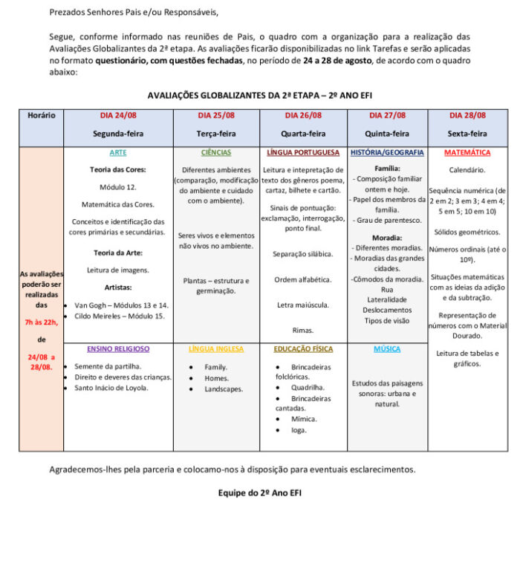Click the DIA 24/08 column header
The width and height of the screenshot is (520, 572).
pyautogui.click(x=118, y=115)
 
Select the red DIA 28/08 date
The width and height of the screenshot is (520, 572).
pyautogui.click(x=467, y=115)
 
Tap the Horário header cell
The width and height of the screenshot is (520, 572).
pyautogui.click(x=42, y=115)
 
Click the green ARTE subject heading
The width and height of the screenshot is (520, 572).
pyautogui.click(x=118, y=152)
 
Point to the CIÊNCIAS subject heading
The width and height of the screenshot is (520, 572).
pyautogui.click(x=216, y=152)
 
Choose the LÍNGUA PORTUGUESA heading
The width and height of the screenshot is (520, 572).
pyautogui.click(x=303, y=152)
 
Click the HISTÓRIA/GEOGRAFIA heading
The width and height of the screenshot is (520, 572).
pyautogui.click(x=387, y=152)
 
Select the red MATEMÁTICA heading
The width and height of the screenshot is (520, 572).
pyautogui.click(x=467, y=152)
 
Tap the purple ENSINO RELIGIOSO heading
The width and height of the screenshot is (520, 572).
pyautogui.click(x=118, y=348)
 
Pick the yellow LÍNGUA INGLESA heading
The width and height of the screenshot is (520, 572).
pyautogui.click(x=216, y=348)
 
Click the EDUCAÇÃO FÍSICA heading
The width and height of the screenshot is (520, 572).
pyautogui.click(x=303, y=348)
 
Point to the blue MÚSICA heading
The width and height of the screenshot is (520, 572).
pyautogui.click(x=387, y=348)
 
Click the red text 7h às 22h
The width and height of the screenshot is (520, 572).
pyautogui.click(x=42, y=322)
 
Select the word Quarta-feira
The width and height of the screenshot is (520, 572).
pyautogui.click(x=303, y=134)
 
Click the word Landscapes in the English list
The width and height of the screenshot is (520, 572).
pyautogui.click(x=224, y=389)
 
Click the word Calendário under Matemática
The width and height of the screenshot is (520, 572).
pyautogui.click(x=467, y=170)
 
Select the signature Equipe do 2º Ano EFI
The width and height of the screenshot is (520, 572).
pyautogui.click(x=260, y=492)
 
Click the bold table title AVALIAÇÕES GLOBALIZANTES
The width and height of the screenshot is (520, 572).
pyautogui.click(x=260, y=95)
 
